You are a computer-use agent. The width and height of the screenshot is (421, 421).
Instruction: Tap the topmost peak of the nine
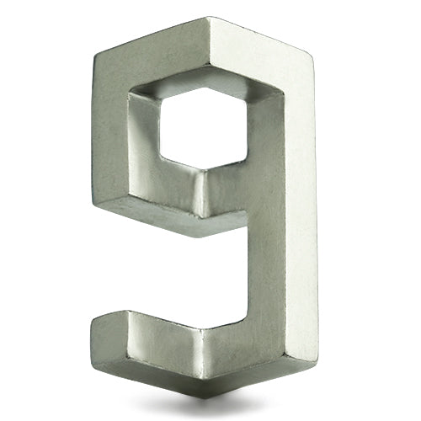207,18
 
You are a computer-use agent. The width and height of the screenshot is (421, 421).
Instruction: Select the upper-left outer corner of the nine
94,56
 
